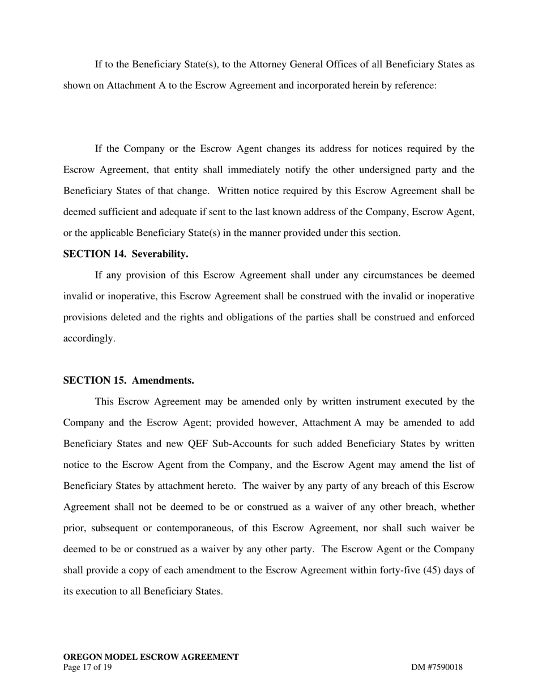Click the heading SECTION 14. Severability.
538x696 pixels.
click(x=125, y=254)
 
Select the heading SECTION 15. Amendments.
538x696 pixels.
click(x=128, y=380)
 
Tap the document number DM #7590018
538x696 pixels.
click(x=437, y=667)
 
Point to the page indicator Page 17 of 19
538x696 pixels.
click(x=87, y=667)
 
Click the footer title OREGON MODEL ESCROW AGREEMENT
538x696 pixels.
click(x=151, y=657)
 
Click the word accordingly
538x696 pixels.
click(x=89, y=338)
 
